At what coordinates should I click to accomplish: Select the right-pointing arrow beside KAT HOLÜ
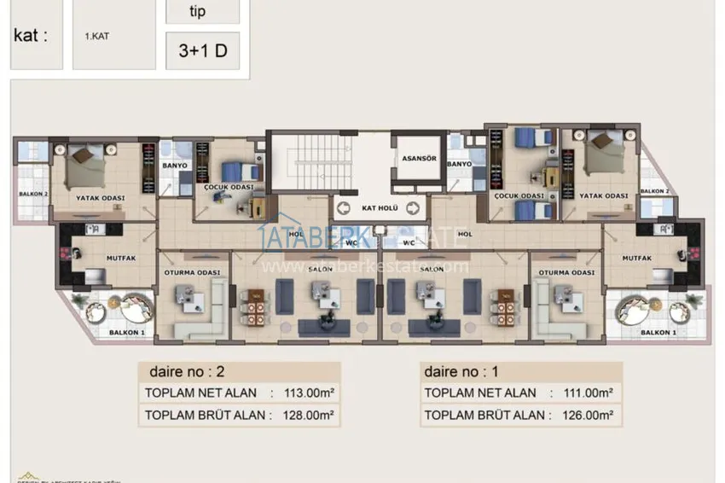[x=413, y=207]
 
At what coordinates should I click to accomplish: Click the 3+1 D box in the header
[x=202, y=50]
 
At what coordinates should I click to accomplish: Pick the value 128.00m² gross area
[x=304, y=416]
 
